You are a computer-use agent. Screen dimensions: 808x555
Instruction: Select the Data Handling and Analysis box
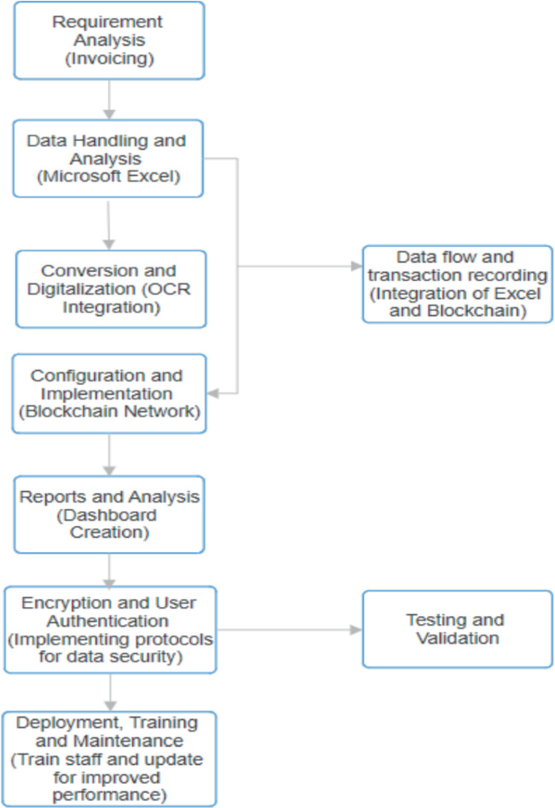[x=107, y=158]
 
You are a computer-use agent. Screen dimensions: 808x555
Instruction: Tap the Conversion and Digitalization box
[x=111, y=289]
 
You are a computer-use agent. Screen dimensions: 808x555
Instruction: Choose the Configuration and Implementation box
[x=108, y=394]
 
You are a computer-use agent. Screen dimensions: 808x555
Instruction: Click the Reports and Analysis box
[x=109, y=515]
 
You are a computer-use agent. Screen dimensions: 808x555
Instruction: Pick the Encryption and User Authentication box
[x=109, y=630]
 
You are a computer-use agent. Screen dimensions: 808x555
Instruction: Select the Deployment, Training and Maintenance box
[x=109, y=759]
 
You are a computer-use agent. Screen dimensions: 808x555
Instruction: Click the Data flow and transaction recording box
[x=457, y=284]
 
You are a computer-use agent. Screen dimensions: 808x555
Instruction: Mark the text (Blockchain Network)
[x=108, y=412]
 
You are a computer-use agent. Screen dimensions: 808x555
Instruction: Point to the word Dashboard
[x=109, y=515]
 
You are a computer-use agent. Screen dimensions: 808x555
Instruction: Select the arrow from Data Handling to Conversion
[x=109, y=223]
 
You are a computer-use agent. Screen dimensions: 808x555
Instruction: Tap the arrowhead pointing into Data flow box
[x=356, y=266]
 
